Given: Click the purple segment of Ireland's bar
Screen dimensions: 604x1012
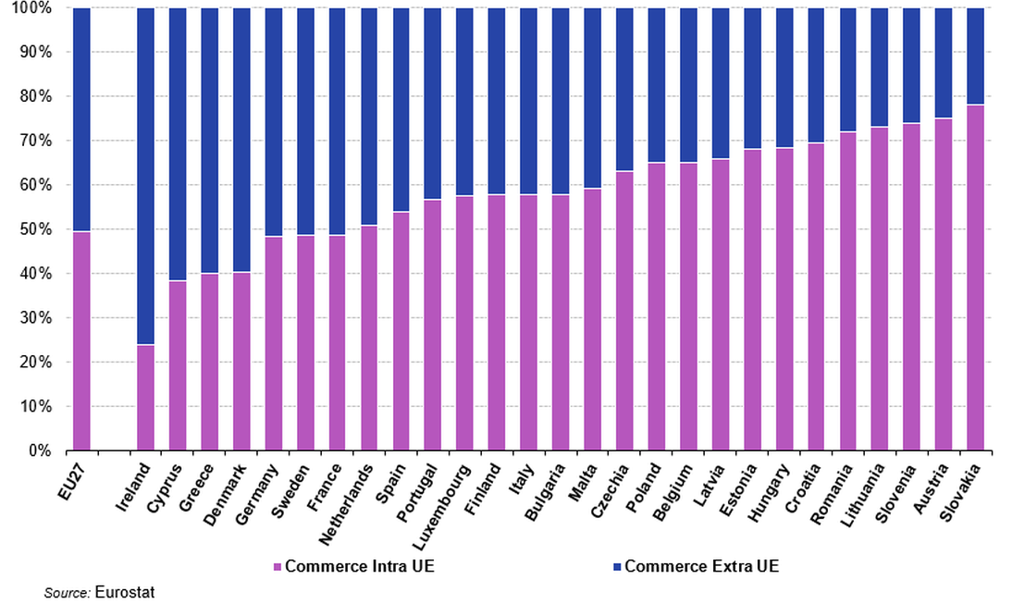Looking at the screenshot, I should coord(145,398).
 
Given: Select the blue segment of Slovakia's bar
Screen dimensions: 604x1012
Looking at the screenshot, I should coord(975,56).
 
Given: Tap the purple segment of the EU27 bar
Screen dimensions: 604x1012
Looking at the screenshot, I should coord(81,341).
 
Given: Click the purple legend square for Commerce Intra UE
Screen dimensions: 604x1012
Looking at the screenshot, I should coord(278,566).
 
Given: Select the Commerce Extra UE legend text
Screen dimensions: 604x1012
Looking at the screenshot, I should coord(702,566).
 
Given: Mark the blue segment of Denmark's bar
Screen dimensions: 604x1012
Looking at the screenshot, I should coord(241,140).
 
